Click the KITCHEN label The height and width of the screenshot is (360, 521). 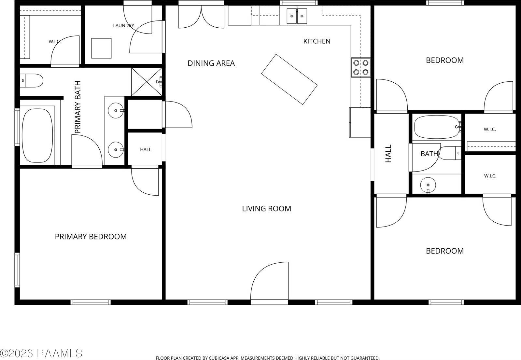(x=317, y=41)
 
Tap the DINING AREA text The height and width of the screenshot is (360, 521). (x=211, y=63)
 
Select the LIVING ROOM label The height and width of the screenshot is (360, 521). (x=267, y=209)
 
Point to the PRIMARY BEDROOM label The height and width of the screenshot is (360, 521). (x=91, y=237)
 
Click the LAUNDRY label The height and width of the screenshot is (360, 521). (x=123, y=26)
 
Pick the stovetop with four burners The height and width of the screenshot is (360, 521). (x=361, y=67)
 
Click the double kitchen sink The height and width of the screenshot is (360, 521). (x=297, y=16)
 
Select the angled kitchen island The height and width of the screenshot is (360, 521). (x=289, y=79)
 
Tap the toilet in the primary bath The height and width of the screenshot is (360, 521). (x=31, y=80)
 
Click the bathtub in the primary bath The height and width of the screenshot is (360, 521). (x=37, y=136)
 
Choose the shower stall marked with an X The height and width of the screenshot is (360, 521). (x=147, y=82)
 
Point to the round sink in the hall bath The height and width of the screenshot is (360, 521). (x=428, y=185)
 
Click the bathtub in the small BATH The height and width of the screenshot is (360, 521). (x=437, y=127)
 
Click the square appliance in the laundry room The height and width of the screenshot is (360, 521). (x=101, y=48)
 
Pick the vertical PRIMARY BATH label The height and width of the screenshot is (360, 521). (x=78, y=107)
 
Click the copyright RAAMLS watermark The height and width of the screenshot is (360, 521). (x=41, y=353)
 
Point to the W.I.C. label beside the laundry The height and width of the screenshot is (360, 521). (x=55, y=42)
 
